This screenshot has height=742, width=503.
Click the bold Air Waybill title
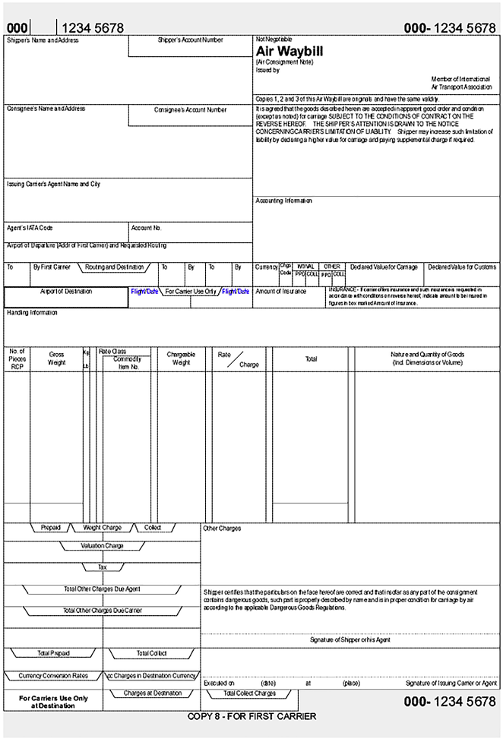(x=289, y=51)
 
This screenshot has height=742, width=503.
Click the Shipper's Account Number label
(x=190, y=39)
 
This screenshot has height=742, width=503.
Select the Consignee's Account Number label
(x=190, y=110)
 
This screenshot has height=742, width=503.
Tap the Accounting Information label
(x=284, y=201)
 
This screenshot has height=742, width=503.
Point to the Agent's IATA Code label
(x=30, y=228)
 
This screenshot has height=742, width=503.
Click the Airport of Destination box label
(x=66, y=291)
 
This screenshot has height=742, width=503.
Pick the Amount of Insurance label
(x=281, y=291)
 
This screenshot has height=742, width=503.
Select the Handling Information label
(x=33, y=313)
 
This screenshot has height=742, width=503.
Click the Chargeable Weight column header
(x=181, y=358)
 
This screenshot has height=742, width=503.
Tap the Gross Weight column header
(x=57, y=358)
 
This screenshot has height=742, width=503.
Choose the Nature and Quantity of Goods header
(x=427, y=358)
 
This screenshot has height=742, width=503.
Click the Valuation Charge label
(x=102, y=545)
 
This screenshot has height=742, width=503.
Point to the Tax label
(x=102, y=567)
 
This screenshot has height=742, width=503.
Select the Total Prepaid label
(x=53, y=653)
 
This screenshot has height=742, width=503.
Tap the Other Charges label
(x=222, y=529)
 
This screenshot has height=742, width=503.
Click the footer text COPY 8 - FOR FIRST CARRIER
(x=251, y=716)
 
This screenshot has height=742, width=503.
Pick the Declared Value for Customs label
(x=462, y=267)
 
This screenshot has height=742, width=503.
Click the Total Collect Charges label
(x=249, y=693)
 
